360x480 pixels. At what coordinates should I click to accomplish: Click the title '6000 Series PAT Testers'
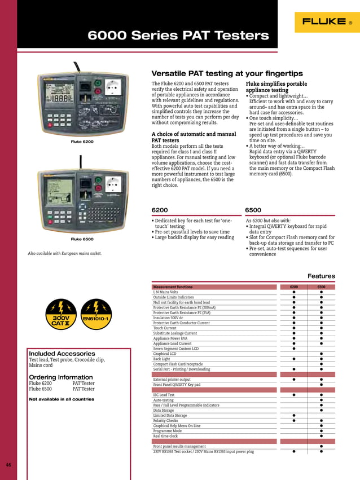(178, 36)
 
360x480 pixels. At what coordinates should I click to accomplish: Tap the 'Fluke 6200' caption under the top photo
(82, 141)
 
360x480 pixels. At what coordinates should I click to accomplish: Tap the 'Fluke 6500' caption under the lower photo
(82, 239)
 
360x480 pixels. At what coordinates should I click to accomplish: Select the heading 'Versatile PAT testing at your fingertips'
(227, 73)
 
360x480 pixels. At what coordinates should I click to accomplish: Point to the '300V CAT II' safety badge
(61, 314)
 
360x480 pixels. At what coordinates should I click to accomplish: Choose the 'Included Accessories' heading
(62, 354)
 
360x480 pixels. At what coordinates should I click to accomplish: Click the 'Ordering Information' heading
(60, 377)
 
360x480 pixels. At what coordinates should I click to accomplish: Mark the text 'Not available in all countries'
(62, 399)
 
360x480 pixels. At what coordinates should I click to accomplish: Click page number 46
(8, 465)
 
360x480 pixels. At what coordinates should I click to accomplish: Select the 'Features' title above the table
(321, 276)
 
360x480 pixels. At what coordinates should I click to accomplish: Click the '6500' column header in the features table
(321, 287)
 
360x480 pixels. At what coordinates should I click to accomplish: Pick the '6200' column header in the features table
(294, 287)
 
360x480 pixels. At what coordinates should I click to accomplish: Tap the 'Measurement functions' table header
(173, 287)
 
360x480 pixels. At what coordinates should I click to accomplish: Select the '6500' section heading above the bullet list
(253, 210)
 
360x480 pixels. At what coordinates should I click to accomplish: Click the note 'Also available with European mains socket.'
(65, 253)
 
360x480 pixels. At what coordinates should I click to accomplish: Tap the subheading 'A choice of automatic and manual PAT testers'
(194, 137)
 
